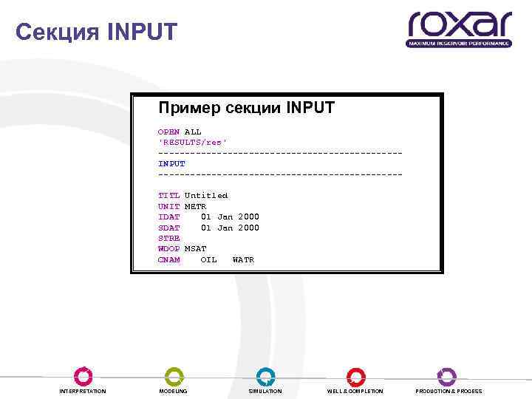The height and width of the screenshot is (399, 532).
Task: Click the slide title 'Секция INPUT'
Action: point(96,32)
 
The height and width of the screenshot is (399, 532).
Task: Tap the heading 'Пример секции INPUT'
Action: point(246,108)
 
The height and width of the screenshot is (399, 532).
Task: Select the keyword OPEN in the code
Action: point(168,132)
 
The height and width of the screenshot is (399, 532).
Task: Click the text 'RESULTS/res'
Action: point(192,142)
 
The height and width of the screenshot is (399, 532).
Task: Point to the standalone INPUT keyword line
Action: point(171,163)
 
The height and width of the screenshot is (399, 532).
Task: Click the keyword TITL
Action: point(168,196)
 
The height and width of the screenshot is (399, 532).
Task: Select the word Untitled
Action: point(206,196)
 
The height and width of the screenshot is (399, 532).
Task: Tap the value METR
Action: point(195,206)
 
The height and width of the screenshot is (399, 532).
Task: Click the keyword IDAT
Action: point(168,217)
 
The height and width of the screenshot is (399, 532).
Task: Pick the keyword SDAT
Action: point(168,228)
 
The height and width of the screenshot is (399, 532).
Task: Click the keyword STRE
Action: point(168,239)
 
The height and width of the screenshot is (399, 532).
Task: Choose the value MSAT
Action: point(195,249)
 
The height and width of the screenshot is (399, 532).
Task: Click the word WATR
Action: point(243,260)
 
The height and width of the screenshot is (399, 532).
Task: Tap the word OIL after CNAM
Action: point(208,260)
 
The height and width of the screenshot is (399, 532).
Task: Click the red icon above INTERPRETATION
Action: point(83,375)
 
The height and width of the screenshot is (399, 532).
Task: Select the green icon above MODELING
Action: point(174,375)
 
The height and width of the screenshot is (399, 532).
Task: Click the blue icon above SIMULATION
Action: point(265,375)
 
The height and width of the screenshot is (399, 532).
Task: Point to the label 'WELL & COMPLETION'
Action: point(355,391)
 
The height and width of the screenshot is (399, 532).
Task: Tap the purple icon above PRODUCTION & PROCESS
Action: point(447,375)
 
